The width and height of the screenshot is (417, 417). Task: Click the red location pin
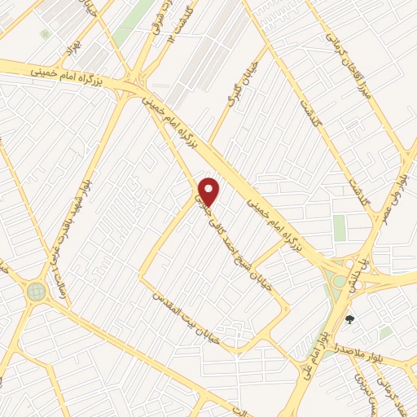click(209, 191)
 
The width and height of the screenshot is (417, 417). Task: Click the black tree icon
click(350, 319)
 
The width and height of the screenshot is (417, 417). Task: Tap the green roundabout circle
click(35, 290)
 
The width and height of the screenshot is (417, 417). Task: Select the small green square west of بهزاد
click(46, 34)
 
